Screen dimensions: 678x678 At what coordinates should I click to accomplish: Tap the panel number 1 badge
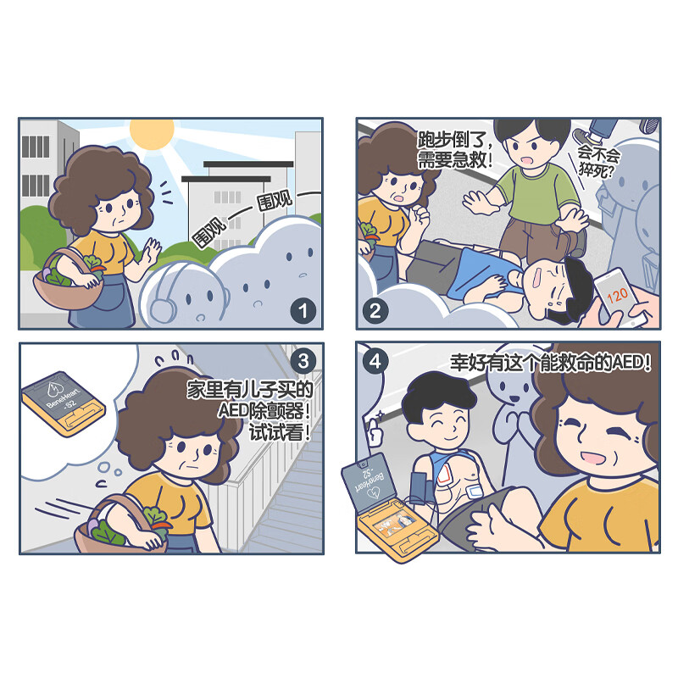(x=303, y=311)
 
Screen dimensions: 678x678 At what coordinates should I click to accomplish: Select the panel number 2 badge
(x=375, y=310)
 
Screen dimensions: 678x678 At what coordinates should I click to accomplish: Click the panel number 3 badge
(x=303, y=361)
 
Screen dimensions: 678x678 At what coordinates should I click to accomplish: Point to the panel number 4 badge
(x=375, y=361)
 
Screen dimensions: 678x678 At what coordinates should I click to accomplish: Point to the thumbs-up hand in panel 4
(x=375, y=431)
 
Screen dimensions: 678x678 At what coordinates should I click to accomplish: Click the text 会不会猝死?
(x=599, y=161)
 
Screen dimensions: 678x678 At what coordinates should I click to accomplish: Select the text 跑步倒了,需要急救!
(x=454, y=149)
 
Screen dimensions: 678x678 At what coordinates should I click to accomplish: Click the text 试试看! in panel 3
(x=280, y=432)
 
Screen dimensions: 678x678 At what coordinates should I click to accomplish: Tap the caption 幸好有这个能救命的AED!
(x=550, y=363)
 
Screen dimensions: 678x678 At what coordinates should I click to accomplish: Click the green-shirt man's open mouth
(x=528, y=160)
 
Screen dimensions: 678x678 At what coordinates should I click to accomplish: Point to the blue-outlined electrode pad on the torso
(x=475, y=491)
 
